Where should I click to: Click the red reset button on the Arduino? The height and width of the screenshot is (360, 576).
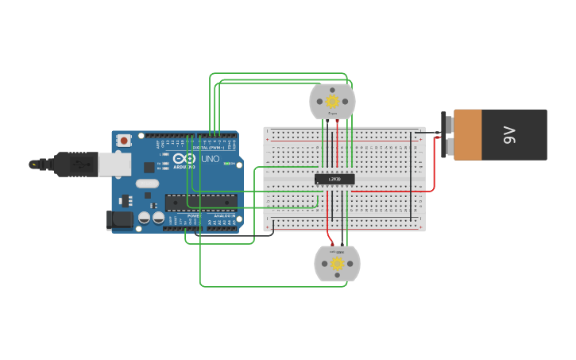(x=124, y=141)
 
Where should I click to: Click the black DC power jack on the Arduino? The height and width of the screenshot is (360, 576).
(x=120, y=219)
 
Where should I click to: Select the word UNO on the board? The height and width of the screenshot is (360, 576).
(x=211, y=159)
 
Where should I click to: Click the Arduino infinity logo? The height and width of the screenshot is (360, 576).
(x=184, y=159)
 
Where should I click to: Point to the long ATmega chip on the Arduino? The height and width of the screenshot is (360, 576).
(x=200, y=202)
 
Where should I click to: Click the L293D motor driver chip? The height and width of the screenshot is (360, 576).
(x=334, y=180)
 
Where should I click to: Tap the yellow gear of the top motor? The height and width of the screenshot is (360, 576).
(x=332, y=101)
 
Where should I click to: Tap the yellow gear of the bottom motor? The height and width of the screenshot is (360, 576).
(x=337, y=263)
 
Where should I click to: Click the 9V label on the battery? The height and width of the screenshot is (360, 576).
(x=510, y=135)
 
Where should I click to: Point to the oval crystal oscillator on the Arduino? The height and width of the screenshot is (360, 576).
(x=147, y=184)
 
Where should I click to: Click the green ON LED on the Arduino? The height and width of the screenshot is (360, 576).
(x=226, y=164)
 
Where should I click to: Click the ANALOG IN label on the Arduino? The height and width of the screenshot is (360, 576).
(x=223, y=215)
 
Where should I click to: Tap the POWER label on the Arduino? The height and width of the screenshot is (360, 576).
(x=193, y=215)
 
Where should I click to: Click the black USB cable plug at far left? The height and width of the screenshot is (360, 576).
(x=72, y=164)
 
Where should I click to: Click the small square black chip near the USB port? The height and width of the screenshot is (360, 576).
(x=149, y=167)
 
